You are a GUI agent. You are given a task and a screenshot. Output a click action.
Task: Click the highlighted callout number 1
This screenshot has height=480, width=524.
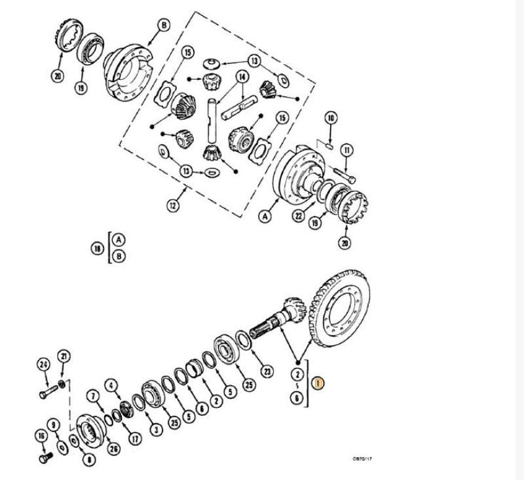[318, 383]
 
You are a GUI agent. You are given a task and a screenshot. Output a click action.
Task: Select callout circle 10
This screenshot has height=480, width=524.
[331, 118]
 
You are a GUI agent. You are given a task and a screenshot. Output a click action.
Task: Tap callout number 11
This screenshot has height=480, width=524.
[346, 150]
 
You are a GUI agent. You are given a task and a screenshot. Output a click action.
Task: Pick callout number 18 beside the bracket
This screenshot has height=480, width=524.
[97, 248]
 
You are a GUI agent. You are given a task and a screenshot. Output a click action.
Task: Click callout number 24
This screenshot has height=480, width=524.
[44, 363]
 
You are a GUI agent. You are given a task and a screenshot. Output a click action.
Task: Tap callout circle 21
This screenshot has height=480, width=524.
[64, 356]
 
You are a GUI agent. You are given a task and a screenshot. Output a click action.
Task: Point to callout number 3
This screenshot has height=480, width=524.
[155, 429]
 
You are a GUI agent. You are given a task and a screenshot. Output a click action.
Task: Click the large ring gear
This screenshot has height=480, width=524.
[341, 308]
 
